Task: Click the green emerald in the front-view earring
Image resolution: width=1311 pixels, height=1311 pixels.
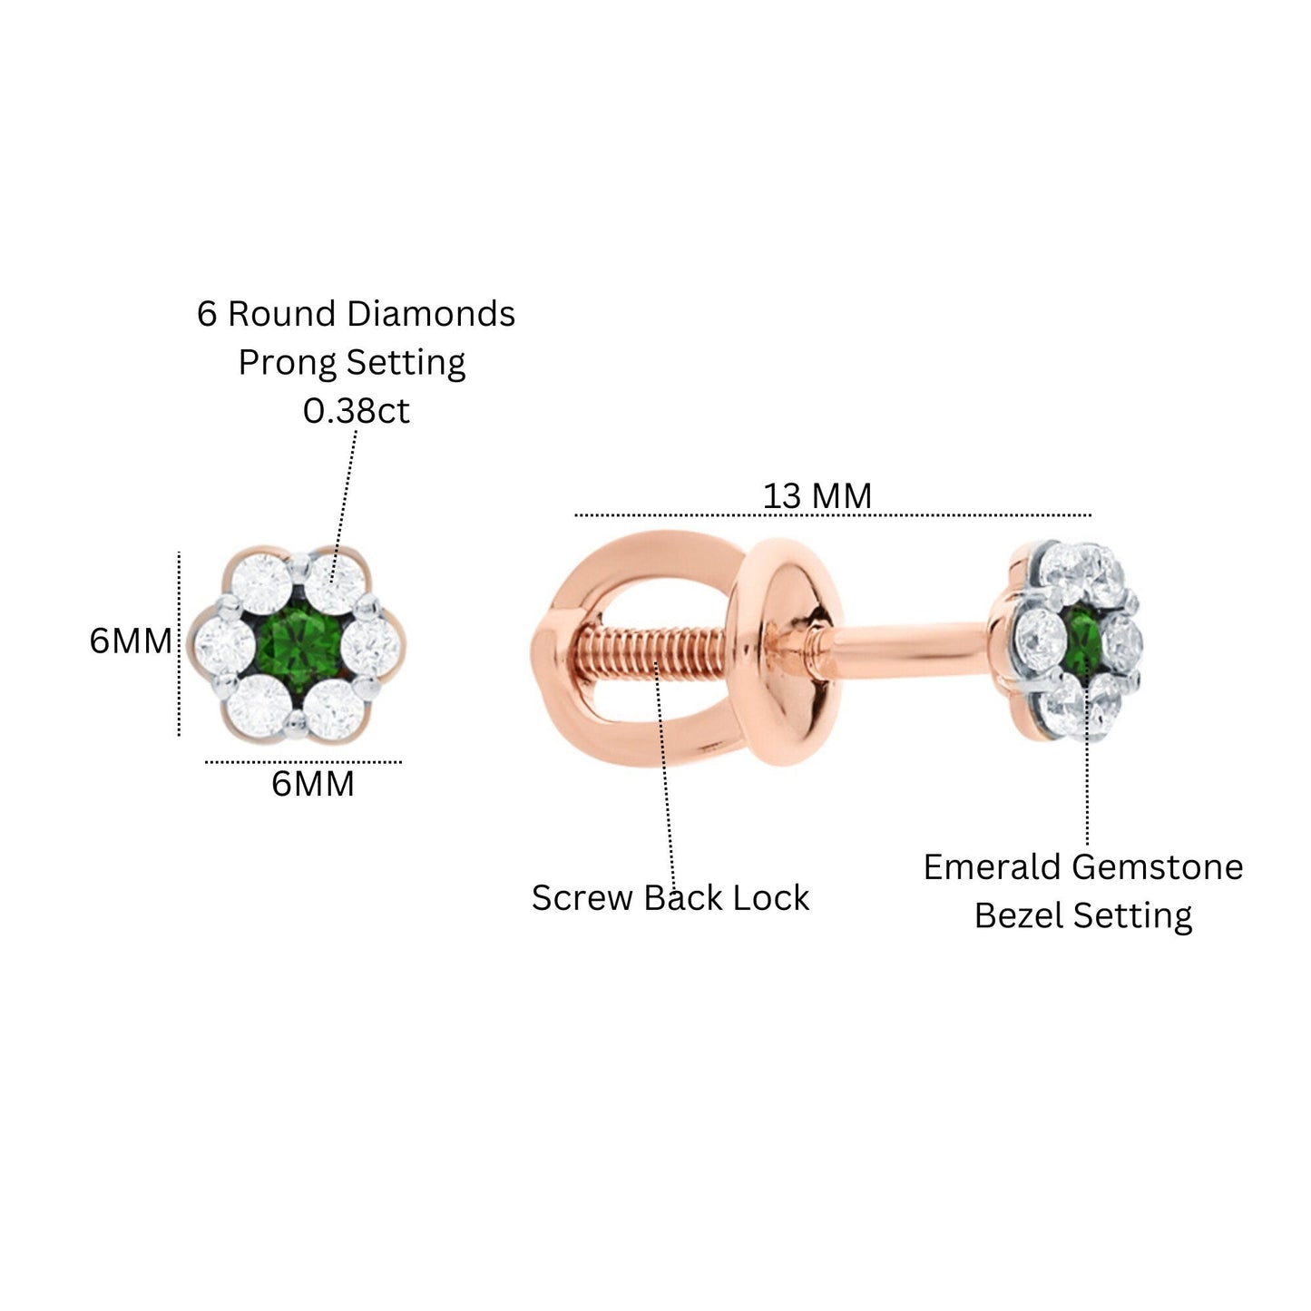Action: (x=298, y=642)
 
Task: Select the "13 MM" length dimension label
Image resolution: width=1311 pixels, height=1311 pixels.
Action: (x=817, y=495)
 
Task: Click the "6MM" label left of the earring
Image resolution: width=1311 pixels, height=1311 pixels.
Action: (x=131, y=641)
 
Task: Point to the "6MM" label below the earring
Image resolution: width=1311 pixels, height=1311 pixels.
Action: (x=313, y=784)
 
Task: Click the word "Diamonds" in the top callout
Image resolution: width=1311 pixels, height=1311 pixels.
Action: (x=431, y=314)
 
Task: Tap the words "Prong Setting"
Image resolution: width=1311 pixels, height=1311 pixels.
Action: (x=352, y=363)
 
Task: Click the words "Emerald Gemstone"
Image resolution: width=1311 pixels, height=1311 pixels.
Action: (x=1083, y=867)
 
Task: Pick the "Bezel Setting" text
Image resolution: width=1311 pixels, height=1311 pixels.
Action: (x=1083, y=915)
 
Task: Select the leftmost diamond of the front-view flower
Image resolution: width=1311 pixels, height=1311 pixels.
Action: (x=224, y=643)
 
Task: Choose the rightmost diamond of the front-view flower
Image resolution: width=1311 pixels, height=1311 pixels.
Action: (x=370, y=643)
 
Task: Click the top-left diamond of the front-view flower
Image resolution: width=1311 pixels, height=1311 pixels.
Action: (x=262, y=583)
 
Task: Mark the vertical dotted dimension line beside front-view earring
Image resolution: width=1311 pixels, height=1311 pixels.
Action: (x=179, y=643)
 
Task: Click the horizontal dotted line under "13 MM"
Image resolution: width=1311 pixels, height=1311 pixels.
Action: (x=833, y=515)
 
